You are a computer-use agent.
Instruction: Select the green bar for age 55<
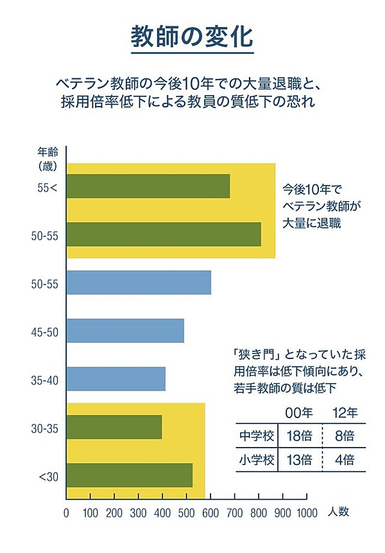click(148, 186)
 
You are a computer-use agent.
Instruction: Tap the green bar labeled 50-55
click(164, 234)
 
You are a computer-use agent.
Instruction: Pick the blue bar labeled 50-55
click(139, 283)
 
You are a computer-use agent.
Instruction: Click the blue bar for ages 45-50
click(125, 331)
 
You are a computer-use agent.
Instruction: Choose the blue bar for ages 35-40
click(116, 379)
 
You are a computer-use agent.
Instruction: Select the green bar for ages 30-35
click(114, 427)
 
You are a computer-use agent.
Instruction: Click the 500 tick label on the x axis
click(186, 513)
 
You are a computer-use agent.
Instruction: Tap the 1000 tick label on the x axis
click(307, 513)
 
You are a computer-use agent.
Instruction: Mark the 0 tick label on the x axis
click(66, 513)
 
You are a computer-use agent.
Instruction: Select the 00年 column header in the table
click(299, 412)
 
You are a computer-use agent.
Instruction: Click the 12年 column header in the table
click(344, 412)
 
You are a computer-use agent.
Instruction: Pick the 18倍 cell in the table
click(299, 436)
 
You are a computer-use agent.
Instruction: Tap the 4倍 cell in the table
click(344, 460)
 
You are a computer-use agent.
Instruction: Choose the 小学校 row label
click(256, 460)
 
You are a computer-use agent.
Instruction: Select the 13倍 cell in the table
click(299, 460)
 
